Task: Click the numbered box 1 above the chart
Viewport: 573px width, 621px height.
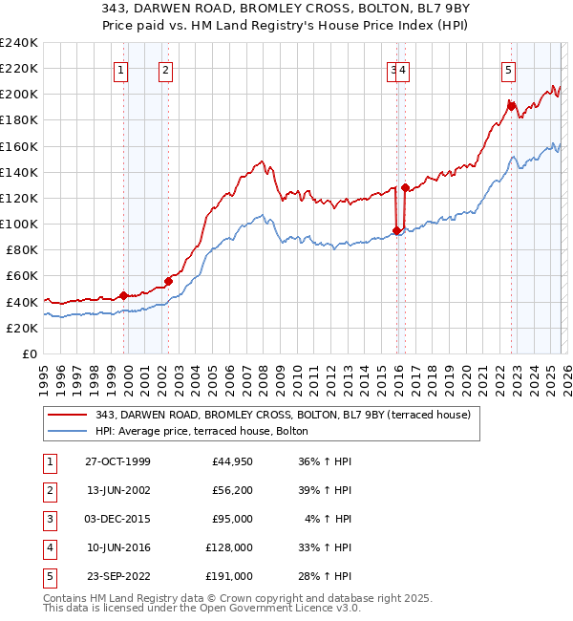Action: tap(122, 69)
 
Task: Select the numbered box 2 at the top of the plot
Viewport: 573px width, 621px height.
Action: tap(166, 69)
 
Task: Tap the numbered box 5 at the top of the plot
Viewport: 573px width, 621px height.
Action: tap(508, 69)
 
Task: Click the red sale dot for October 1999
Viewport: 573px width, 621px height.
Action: tap(123, 295)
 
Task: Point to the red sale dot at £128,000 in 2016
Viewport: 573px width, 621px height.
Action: tap(405, 187)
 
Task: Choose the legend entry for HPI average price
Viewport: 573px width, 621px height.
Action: tap(202, 431)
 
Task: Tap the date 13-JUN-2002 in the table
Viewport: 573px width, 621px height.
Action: tap(118, 490)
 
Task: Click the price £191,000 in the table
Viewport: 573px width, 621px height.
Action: tap(229, 576)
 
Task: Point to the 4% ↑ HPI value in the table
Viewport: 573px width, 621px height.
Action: tap(331, 519)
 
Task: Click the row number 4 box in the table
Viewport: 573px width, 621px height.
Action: tap(48, 547)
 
